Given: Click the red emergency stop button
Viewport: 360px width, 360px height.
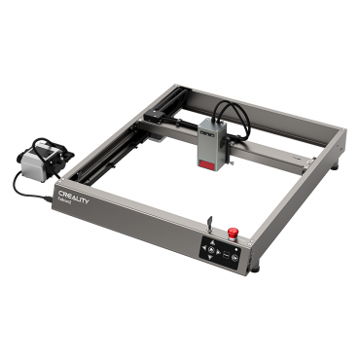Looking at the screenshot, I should [x=233, y=233].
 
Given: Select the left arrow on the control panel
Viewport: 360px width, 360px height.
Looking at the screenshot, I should [x=202, y=248].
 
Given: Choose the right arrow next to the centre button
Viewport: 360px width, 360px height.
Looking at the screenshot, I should [x=218, y=252].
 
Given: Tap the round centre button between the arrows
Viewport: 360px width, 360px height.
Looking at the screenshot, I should [x=210, y=250].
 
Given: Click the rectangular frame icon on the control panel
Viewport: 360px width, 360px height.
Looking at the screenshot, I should [x=227, y=254].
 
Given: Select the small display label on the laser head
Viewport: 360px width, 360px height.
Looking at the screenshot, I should [x=210, y=126].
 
